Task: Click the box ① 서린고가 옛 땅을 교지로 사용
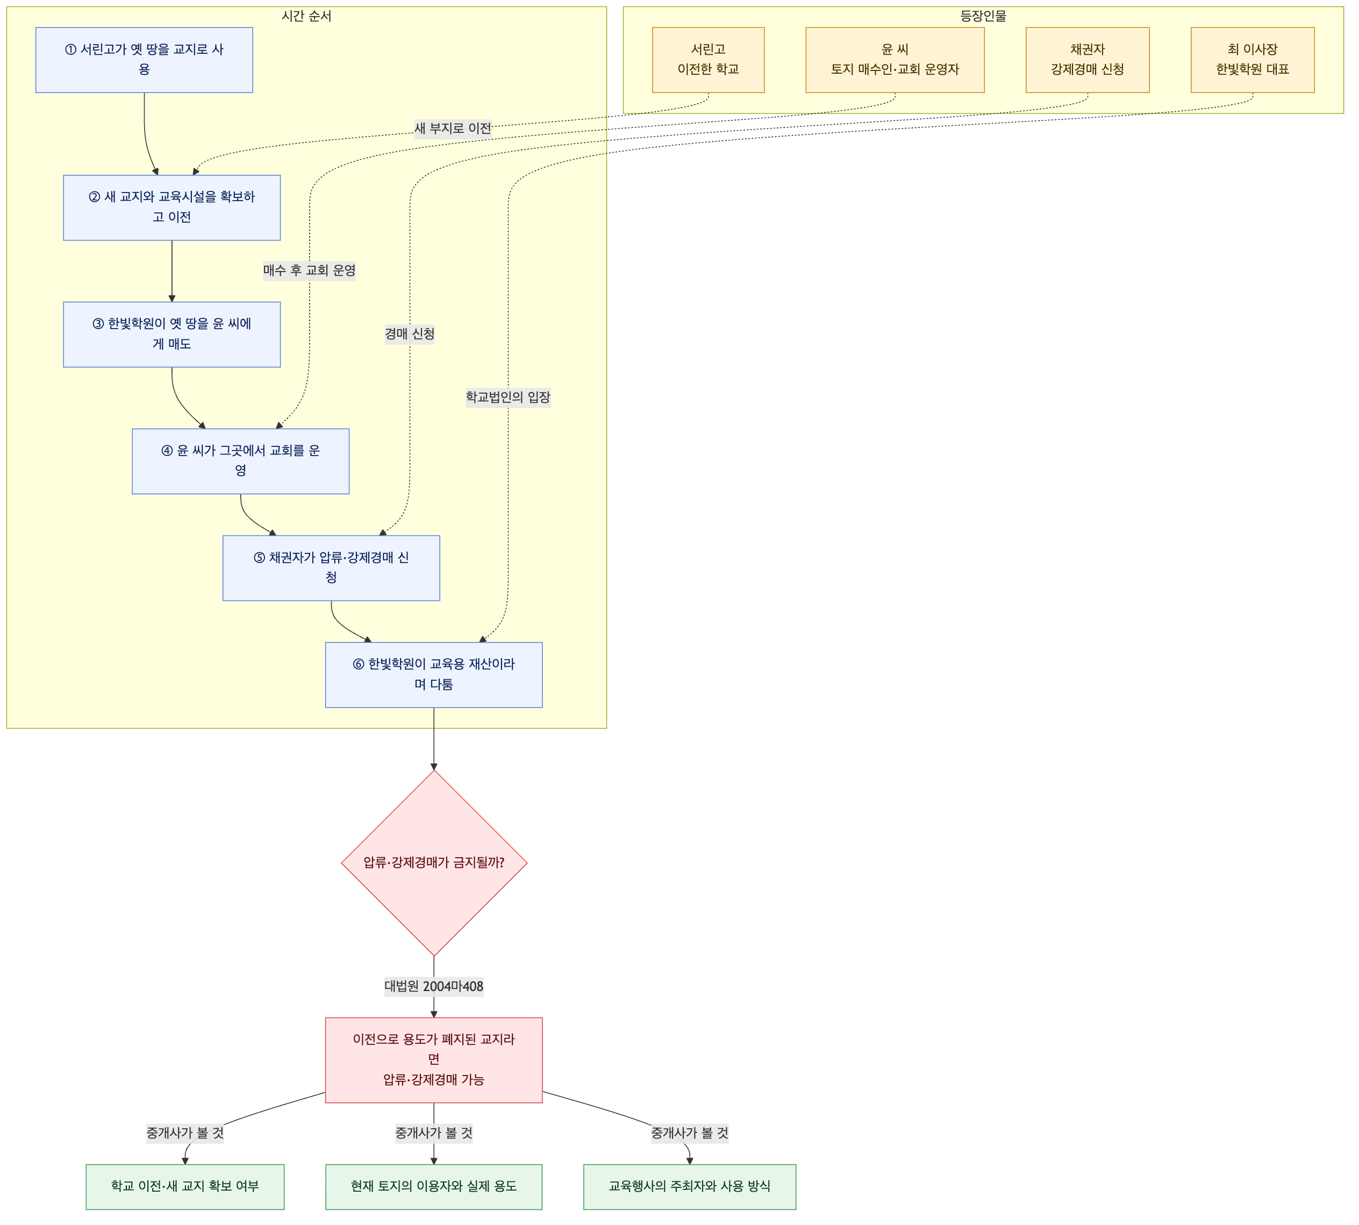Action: point(144,60)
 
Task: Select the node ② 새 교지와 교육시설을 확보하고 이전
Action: point(171,208)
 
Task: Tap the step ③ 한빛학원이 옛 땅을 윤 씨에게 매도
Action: point(171,334)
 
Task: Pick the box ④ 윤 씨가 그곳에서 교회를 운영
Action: point(240,461)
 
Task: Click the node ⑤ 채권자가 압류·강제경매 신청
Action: point(331,568)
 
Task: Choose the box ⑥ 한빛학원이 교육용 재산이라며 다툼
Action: point(433,674)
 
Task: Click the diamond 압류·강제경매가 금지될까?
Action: point(434,863)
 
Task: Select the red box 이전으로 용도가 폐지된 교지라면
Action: point(433,1060)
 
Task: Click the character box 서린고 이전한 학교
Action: point(708,60)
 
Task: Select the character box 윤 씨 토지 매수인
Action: point(895,60)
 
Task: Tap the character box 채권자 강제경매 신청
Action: point(1087,60)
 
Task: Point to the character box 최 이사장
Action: point(1252,60)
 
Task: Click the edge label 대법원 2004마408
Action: point(433,987)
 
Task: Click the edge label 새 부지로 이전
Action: point(453,129)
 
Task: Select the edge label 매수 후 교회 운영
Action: point(310,270)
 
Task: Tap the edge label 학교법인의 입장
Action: point(508,397)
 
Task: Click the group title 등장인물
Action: point(983,16)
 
